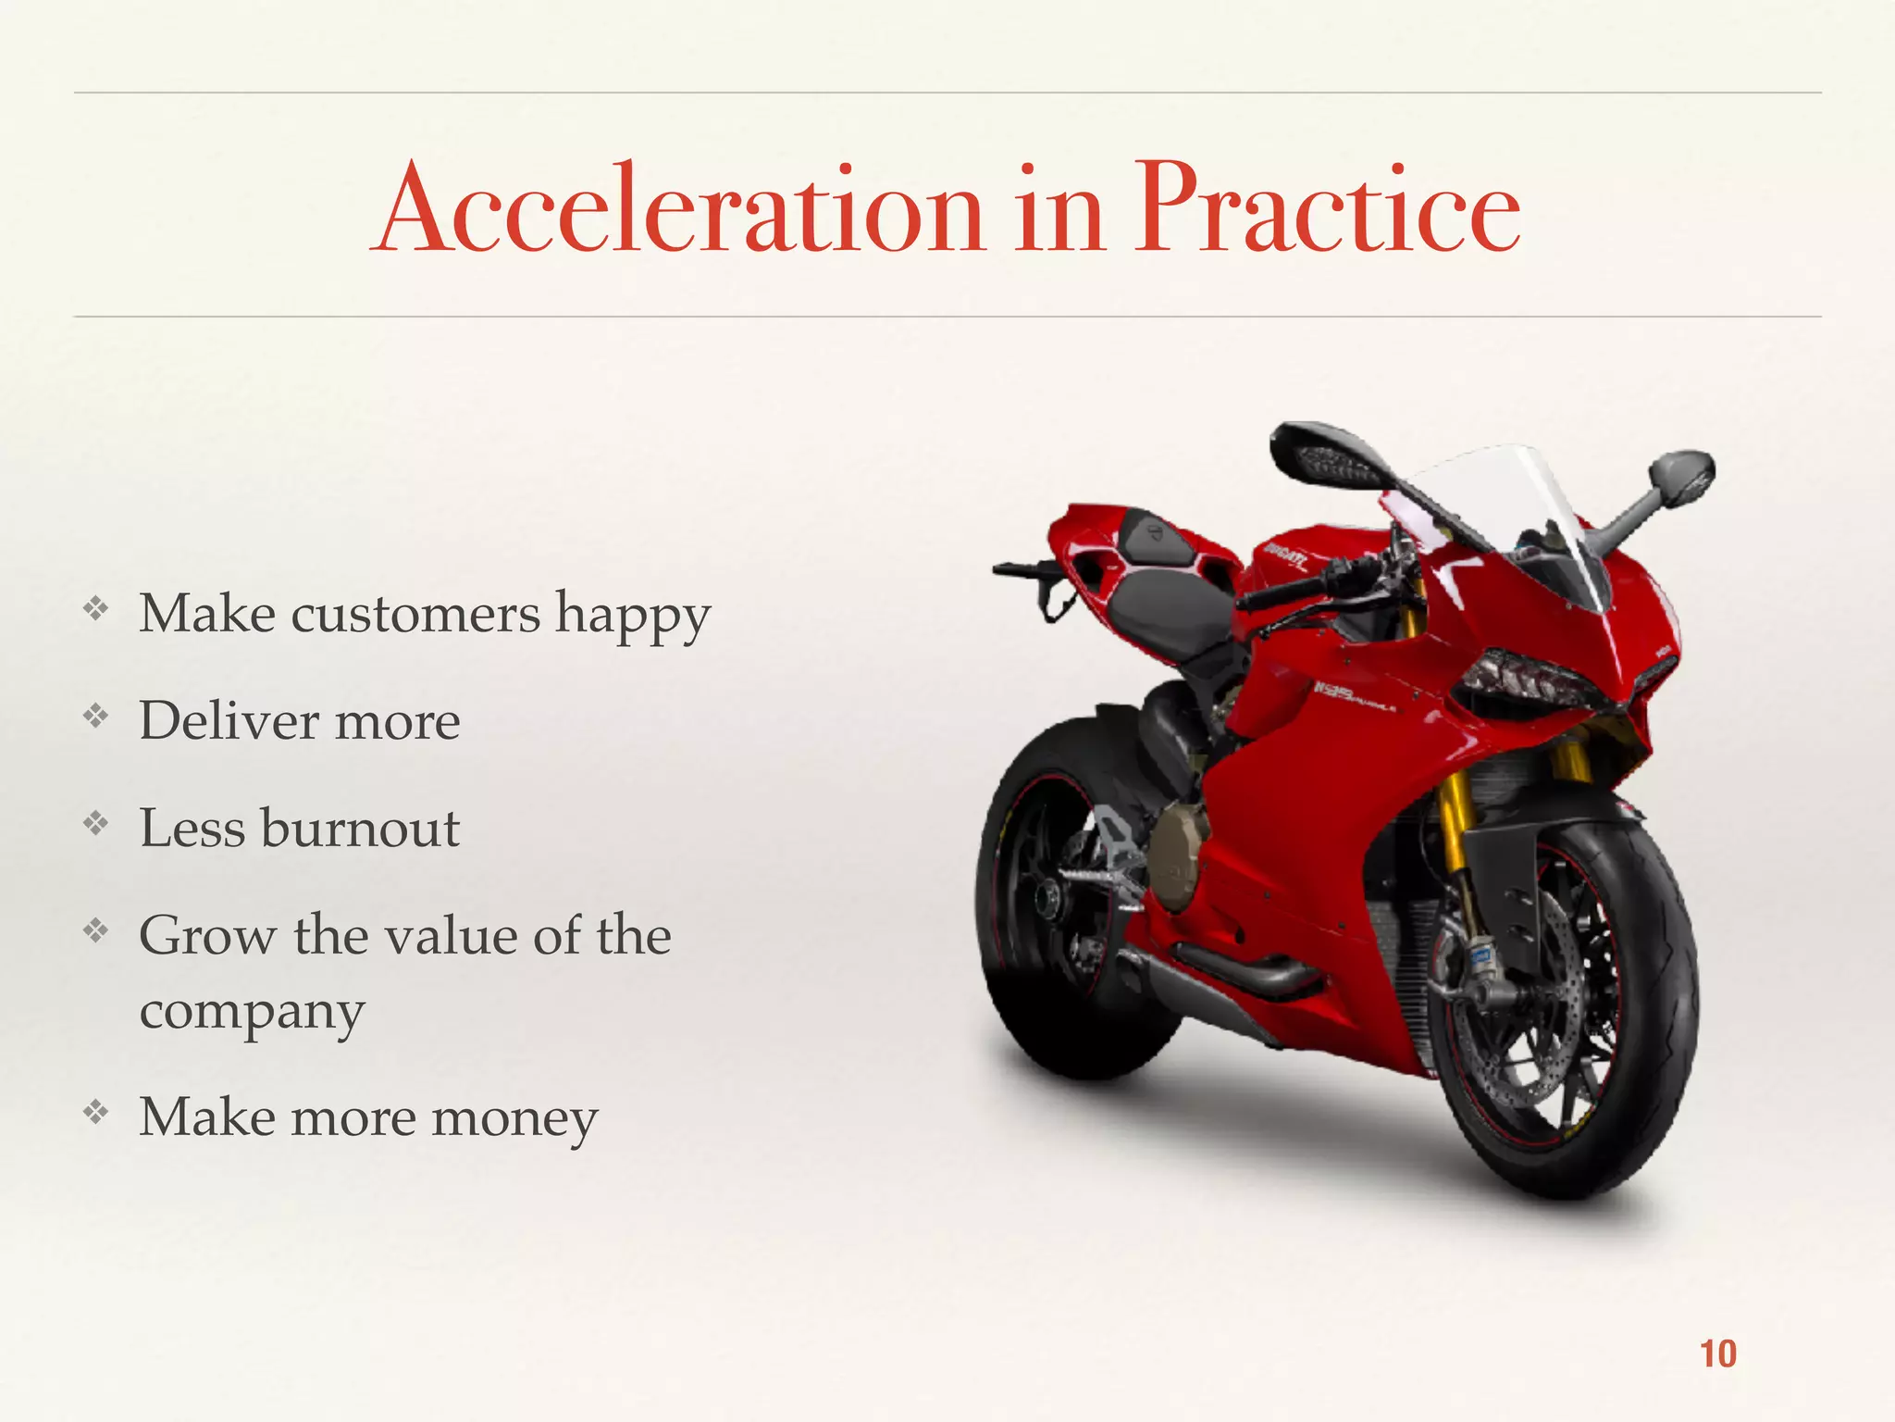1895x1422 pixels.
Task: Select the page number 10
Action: pyautogui.click(x=1717, y=1354)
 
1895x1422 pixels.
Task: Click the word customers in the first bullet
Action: pyautogui.click(x=415, y=614)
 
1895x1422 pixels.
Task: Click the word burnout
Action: pyautogui.click(x=360, y=828)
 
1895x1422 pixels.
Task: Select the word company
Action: pyautogui.click(x=252, y=1012)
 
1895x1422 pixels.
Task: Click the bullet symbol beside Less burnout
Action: pyautogui.click(x=95, y=822)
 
